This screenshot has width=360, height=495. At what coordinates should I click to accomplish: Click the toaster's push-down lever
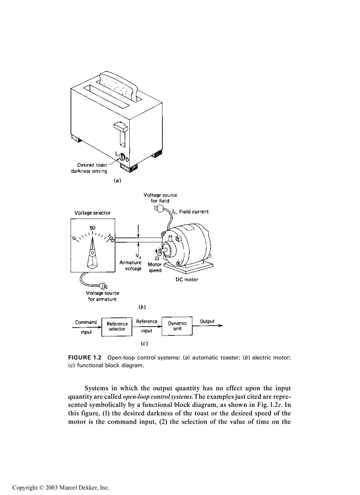pyautogui.click(x=120, y=127)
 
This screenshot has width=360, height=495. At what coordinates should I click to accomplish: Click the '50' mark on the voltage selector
pyautogui.click(x=93, y=228)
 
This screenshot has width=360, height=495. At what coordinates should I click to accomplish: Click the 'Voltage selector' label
pyautogui.click(x=93, y=213)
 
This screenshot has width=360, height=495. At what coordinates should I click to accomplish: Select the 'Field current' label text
pyautogui.click(x=194, y=212)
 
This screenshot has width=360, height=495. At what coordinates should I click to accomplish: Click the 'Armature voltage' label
pyautogui.click(x=130, y=265)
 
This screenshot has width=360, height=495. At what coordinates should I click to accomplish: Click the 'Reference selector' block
pyautogui.click(x=117, y=327)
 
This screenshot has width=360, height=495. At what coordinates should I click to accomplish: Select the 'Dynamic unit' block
pyautogui.click(x=177, y=326)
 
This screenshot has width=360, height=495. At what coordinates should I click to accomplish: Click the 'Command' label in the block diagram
pyautogui.click(x=86, y=322)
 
